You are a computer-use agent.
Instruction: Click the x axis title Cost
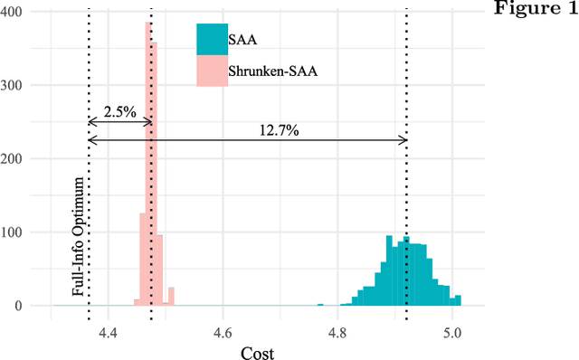click(x=256, y=353)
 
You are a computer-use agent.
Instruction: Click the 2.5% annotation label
click(x=120, y=112)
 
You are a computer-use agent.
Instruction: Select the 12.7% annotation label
click(x=276, y=130)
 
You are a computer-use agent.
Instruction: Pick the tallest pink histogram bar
click(x=148, y=163)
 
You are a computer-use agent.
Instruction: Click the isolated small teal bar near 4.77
click(x=320, y=305)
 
